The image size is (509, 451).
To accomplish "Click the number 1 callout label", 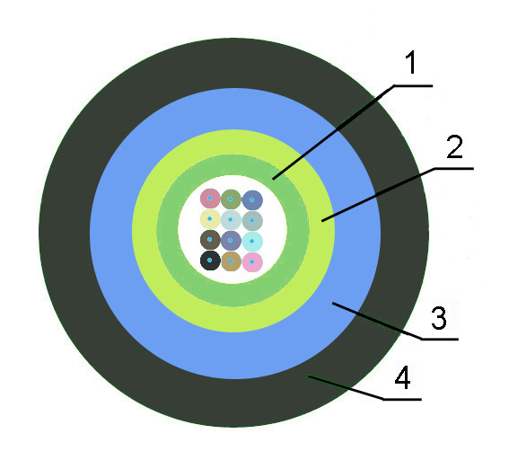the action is pos(411,62).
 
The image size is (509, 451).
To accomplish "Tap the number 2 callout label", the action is pos(455,146).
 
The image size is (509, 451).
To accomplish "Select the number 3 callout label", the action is pos(439,318).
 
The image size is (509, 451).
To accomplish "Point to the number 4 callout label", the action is pos(402,377).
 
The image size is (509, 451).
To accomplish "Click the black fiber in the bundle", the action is pos(210,261).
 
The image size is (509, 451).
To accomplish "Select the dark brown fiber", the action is pos(210,240).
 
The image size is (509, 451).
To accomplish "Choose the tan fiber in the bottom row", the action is pos(231,261).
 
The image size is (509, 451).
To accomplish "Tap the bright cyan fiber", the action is pos(252,241).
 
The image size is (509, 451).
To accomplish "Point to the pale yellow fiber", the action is pos(210,219).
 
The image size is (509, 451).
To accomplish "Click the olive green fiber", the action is pos(231,199).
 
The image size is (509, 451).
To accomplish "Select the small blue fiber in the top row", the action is pos(252,200).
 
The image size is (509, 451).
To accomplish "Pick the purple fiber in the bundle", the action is pos(231,241).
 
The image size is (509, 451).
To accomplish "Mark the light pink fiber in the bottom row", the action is pos(252,262).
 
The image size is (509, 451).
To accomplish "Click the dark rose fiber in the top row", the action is pos(210,199).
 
